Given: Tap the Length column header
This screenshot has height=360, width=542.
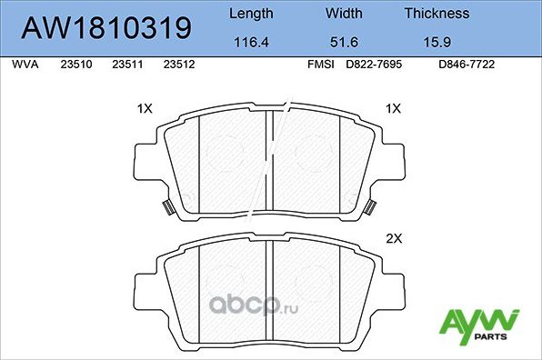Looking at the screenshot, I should (250, 14).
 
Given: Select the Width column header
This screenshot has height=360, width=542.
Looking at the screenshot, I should (345, 14).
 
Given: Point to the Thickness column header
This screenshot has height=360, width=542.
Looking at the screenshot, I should (437, 14).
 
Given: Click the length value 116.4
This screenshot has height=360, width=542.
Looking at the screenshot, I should (250, 41).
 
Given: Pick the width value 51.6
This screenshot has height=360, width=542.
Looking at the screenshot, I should (345, 41).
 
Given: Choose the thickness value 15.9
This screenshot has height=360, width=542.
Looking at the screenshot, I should (437, 41).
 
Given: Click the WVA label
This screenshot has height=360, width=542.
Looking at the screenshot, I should (24, 65).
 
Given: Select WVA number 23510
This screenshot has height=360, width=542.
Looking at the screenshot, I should (74, 65).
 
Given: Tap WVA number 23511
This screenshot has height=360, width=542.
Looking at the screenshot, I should (125, 65).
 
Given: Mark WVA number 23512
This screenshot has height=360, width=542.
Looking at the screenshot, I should (177, 65).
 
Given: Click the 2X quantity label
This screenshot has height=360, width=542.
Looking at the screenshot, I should (394, 239).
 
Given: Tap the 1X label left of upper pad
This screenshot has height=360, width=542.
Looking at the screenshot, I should (144, 108).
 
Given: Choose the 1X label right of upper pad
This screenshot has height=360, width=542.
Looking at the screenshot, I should (394, 108).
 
